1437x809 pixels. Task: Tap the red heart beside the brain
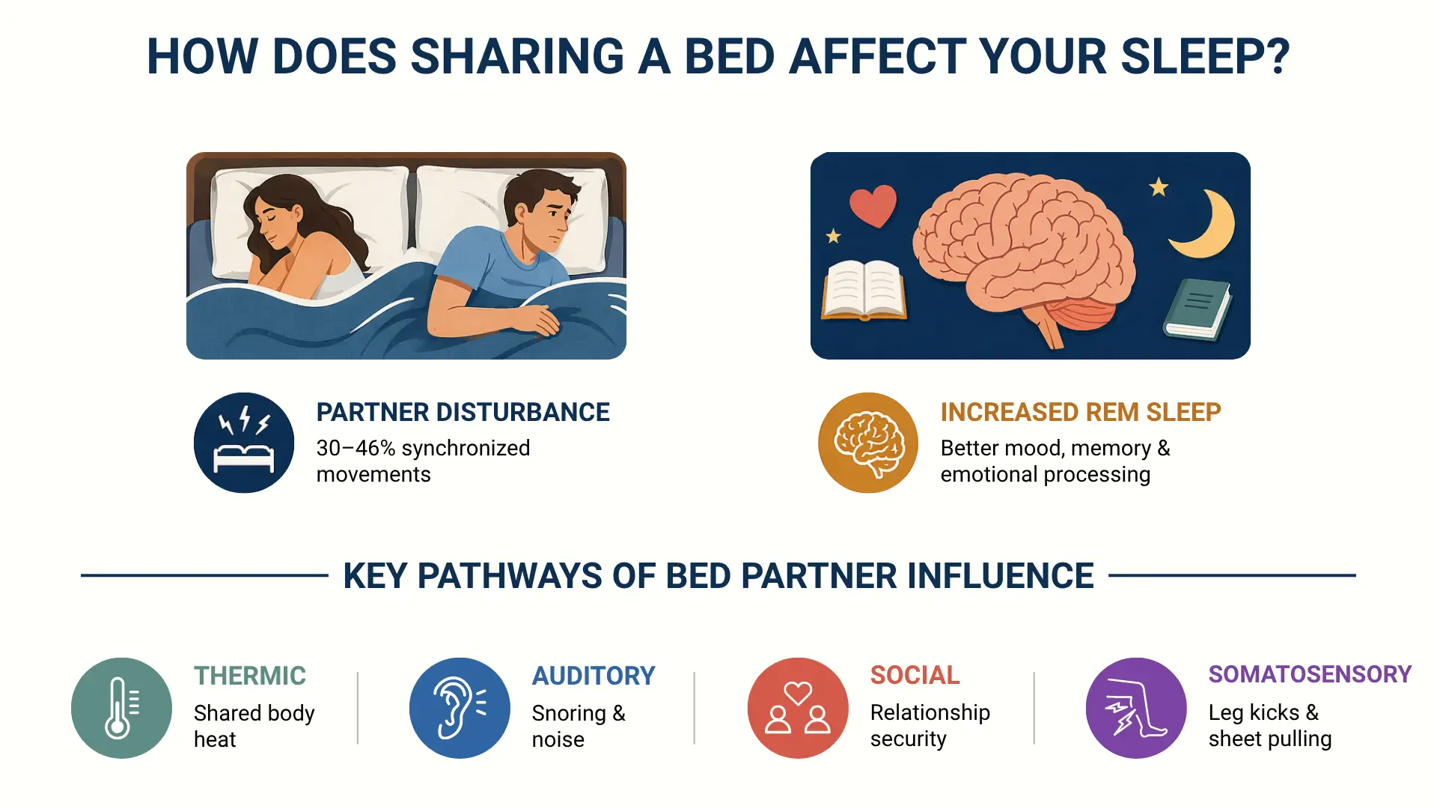873,206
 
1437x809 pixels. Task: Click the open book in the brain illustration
864,291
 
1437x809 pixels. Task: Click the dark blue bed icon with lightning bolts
244,443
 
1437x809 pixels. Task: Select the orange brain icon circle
868,443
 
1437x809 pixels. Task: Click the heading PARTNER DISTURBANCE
463,412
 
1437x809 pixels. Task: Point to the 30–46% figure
356,448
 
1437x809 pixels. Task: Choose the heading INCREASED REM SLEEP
1081,412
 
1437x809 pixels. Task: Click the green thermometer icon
121,708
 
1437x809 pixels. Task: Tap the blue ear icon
460,708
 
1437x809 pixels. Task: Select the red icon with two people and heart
798,708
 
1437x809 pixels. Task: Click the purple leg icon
1136,708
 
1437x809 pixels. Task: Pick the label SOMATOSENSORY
1310,674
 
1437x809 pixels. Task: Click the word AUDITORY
594,676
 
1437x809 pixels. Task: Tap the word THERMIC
250,676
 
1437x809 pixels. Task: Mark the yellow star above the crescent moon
1159,187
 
